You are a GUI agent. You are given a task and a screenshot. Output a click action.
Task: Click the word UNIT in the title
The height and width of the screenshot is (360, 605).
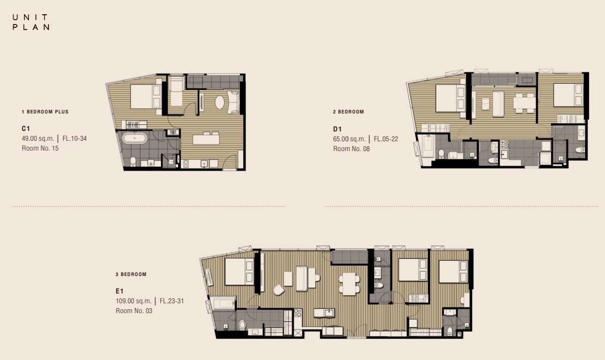click(x=30, y=17)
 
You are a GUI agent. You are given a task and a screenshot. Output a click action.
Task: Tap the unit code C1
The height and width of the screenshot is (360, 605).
click(x=26, y=129)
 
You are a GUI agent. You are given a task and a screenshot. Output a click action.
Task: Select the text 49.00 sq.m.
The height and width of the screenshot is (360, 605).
click(x=38, y=139)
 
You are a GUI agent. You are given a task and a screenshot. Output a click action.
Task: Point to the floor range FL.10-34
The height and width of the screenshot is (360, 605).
click(x=75, y=139)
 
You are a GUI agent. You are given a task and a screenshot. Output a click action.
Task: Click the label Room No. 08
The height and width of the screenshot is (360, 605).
click(x=352, y=149)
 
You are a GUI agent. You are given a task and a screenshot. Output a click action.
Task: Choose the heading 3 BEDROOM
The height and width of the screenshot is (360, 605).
click(x=131, y=274)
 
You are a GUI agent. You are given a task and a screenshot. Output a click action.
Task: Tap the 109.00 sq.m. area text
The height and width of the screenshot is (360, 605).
click(x=134, y=301)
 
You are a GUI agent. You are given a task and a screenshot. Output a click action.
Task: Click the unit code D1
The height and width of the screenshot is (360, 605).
click(x=337, y=129)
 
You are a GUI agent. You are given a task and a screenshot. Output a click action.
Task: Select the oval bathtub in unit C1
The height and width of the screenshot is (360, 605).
click(x=135, y=138)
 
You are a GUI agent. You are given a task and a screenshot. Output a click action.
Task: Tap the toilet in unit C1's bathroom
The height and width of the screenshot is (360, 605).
click(x=133, y=161)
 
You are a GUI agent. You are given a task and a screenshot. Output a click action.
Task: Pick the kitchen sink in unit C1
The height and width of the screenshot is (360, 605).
click(x=204, y=164)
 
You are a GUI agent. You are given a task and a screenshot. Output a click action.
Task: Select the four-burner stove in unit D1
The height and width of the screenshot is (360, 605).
click(x=505, y=145)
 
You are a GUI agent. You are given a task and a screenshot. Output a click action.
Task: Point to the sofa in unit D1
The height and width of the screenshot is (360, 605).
click(x=498, y=104)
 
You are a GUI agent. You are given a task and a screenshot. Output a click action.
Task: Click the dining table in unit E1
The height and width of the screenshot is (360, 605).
click(x=349, y=284)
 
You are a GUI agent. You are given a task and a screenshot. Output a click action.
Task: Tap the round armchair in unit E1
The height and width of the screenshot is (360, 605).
click(x=279, y=290)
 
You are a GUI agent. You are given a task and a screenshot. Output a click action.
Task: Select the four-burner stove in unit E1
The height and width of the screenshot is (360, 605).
click(x=298, y=313)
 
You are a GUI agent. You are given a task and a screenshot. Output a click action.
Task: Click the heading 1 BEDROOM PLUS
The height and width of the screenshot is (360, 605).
click(x=45, y=112)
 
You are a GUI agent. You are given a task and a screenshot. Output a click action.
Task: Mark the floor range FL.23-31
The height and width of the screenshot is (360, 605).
click(x=172, y=301)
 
